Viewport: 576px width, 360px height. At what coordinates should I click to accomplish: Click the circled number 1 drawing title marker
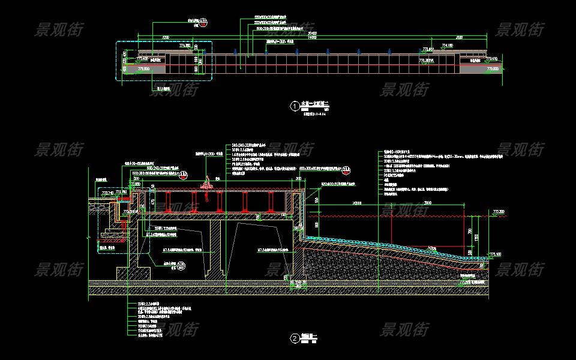295,106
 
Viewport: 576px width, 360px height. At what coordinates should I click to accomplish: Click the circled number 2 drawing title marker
295,338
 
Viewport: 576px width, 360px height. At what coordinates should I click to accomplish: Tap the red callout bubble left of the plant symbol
184,175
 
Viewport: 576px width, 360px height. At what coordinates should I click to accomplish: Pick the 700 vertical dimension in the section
470,230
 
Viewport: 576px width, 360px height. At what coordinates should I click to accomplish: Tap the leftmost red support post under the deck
170,202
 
